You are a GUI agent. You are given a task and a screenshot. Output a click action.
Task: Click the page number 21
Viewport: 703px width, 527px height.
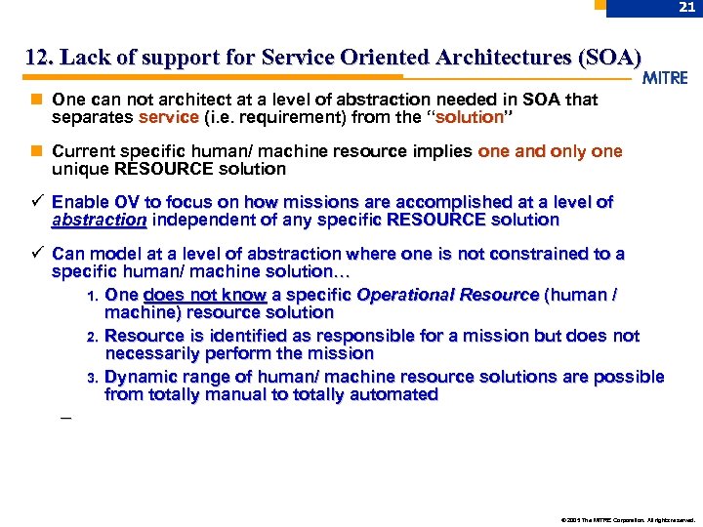686,8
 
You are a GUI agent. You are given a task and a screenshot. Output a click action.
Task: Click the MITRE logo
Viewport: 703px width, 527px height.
666,78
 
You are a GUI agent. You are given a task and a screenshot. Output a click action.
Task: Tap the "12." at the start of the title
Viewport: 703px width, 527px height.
41,58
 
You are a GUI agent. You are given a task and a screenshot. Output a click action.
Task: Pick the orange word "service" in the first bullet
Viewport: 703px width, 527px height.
169,117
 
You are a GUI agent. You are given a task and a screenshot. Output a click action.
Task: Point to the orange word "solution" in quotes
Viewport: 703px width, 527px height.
469,117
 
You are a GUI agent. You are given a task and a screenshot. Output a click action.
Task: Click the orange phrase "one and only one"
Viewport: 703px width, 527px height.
550,151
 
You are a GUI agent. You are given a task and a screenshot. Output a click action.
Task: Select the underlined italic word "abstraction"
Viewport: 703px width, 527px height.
99,220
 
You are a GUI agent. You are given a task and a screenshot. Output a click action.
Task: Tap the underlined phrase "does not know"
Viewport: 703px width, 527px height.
204,295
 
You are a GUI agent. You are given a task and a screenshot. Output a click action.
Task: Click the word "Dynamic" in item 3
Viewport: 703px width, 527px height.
141,377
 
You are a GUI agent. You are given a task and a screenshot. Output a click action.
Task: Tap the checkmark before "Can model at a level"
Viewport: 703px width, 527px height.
36,254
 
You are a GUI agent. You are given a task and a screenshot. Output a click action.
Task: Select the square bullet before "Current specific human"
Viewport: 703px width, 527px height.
36,151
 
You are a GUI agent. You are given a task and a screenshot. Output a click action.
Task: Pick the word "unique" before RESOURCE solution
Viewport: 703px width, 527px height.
80,169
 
